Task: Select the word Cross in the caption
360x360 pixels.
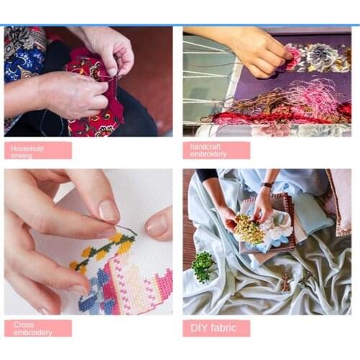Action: pos(24,325)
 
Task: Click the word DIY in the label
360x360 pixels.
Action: pos(199,328)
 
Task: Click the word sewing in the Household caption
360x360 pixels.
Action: pos(22,155)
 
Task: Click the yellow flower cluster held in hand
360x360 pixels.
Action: pos(249,229)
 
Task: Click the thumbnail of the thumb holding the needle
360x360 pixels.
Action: pos(108,210)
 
